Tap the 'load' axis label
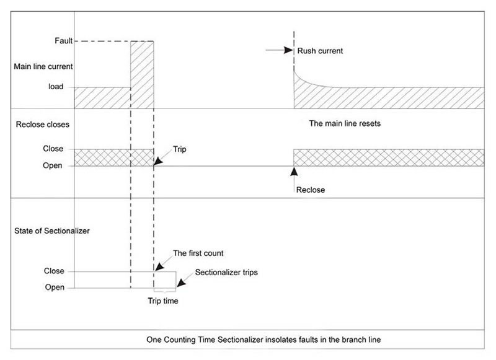(x=56, y=87)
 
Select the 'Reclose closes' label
(x=41, y=125)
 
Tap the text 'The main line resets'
(x=345, y=123)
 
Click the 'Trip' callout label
(x=180, y=150)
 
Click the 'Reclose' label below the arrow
(x=310, y=190)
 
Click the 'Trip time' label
(x=164, y=302)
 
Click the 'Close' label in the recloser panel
(x=52, y=149)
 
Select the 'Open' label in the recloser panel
(x=52, y=165)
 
